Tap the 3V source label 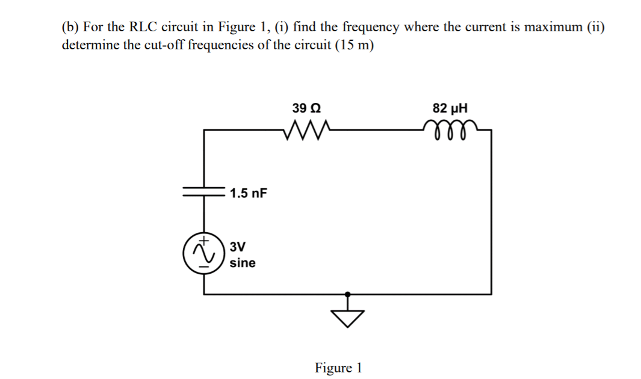(x=238, y=247)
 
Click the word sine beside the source (x=243, y=263)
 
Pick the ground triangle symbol (x=347, y=318)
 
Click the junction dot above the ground (x=347, y=295)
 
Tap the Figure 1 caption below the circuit (x=338, y=368)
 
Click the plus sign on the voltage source (x=205, y=241)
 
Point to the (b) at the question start (x=70, y=27)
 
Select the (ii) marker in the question (x=593, y=27)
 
